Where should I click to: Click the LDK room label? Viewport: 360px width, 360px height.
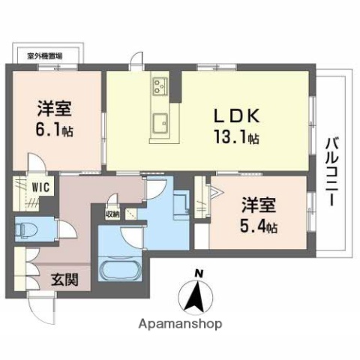click(239, 117)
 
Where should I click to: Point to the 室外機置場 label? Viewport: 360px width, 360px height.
click(44, 55)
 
